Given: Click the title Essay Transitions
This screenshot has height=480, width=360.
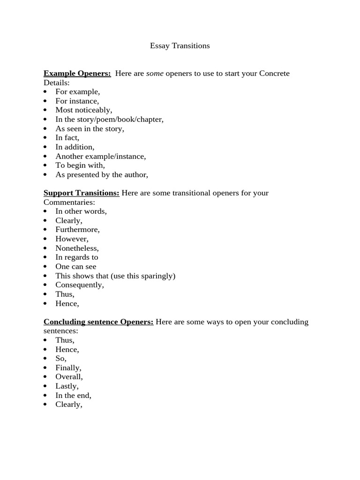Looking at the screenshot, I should pyautogui.click(x=180, y=45).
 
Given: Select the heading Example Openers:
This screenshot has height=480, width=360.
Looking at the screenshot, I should pyautogui.click(x=77, y=73).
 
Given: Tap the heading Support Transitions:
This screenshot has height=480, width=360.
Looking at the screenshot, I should pyautogui.click(x=81, y=193).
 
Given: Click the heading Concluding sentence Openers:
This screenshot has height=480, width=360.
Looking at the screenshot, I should pyautogui.click(x=98, y=322).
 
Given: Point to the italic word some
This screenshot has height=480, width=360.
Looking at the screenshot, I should pyautogui.click(x=155, y=73).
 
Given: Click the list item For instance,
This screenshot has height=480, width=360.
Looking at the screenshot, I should pyautogui.click(x=77, y=101).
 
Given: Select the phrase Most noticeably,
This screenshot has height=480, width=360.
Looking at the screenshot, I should pyautogui.click(x=83, y=110).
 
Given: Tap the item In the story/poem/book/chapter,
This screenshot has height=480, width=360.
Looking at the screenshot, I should pyautogui.click(x=109, y=119).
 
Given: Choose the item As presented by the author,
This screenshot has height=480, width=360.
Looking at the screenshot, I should pyautogui.click(x=101, y=174).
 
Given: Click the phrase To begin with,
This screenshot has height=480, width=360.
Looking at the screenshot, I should pyautogui.click(x=80, y=165).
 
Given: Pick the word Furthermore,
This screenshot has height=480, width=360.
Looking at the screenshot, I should pyautogui.click(x=77, y=229).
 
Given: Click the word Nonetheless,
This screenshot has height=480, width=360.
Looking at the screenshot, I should pyautogui.click(x=77, y=248).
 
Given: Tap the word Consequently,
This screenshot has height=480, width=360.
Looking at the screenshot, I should pyautogui.click(x=79, y=285).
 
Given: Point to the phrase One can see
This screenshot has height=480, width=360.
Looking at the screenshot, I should pyautogui.click(x=75, y=266).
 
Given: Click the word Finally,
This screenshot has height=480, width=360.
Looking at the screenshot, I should pyautogui.click(x=68, y=367).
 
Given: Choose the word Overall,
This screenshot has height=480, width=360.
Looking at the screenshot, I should pyautogui.click(x=69, y=376).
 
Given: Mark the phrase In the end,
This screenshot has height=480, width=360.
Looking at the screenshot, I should pyautogui.click(x=73, y=395).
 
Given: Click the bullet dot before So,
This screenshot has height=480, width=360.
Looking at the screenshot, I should pyautogui.click(x=45, y=359).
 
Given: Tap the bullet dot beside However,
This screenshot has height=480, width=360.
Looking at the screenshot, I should pyautogui.click(x=45, y=239).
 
